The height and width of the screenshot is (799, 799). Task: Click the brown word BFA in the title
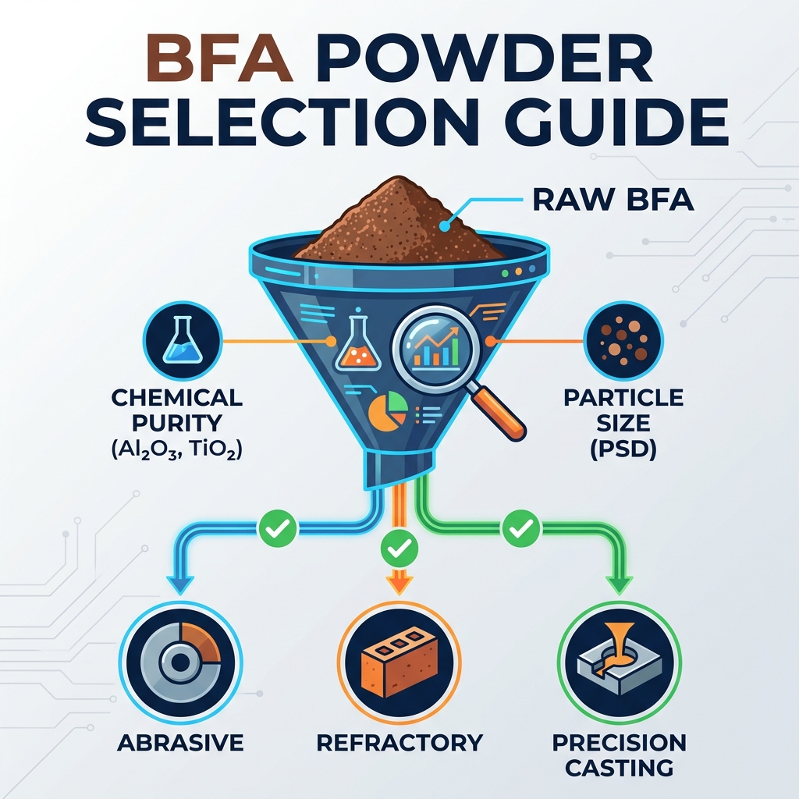(x=220, y=59)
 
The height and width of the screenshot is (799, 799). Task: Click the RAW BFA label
(x=613, y=200)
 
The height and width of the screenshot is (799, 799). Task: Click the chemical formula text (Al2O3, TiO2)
(x=177, y=449)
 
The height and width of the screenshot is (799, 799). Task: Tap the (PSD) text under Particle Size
(x=623, y=449)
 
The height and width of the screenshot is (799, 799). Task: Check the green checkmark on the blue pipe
(x=279, y=528)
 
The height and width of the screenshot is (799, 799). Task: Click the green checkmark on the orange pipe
(x=399, y=549)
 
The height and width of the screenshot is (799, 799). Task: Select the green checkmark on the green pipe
(x=521, y=528)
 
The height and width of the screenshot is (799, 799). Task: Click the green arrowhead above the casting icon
(x=620, y=585)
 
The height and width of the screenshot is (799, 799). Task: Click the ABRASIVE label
(x=180, y=743)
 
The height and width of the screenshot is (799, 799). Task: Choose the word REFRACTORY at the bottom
(x=399, y=743)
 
